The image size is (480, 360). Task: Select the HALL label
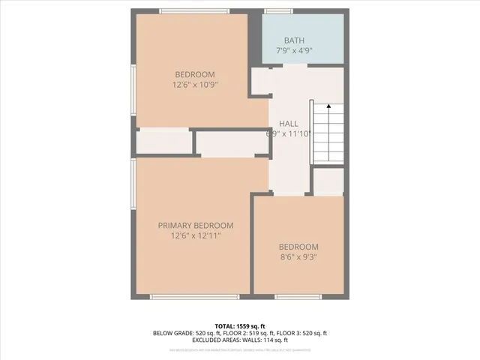[289, 123]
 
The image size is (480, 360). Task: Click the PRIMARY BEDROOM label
[195, 225]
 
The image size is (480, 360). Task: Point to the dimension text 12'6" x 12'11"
[195, 235]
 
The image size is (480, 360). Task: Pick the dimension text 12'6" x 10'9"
[195, 85]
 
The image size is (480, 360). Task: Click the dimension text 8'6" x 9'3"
[298, 257]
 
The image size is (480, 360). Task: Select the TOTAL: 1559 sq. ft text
[240, 325]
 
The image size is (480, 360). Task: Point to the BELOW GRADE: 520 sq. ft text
[185, 333]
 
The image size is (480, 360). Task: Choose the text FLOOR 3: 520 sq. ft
[311, 333]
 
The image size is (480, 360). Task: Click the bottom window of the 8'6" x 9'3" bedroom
[298, 297]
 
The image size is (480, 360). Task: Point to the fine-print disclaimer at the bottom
[240, 350]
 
